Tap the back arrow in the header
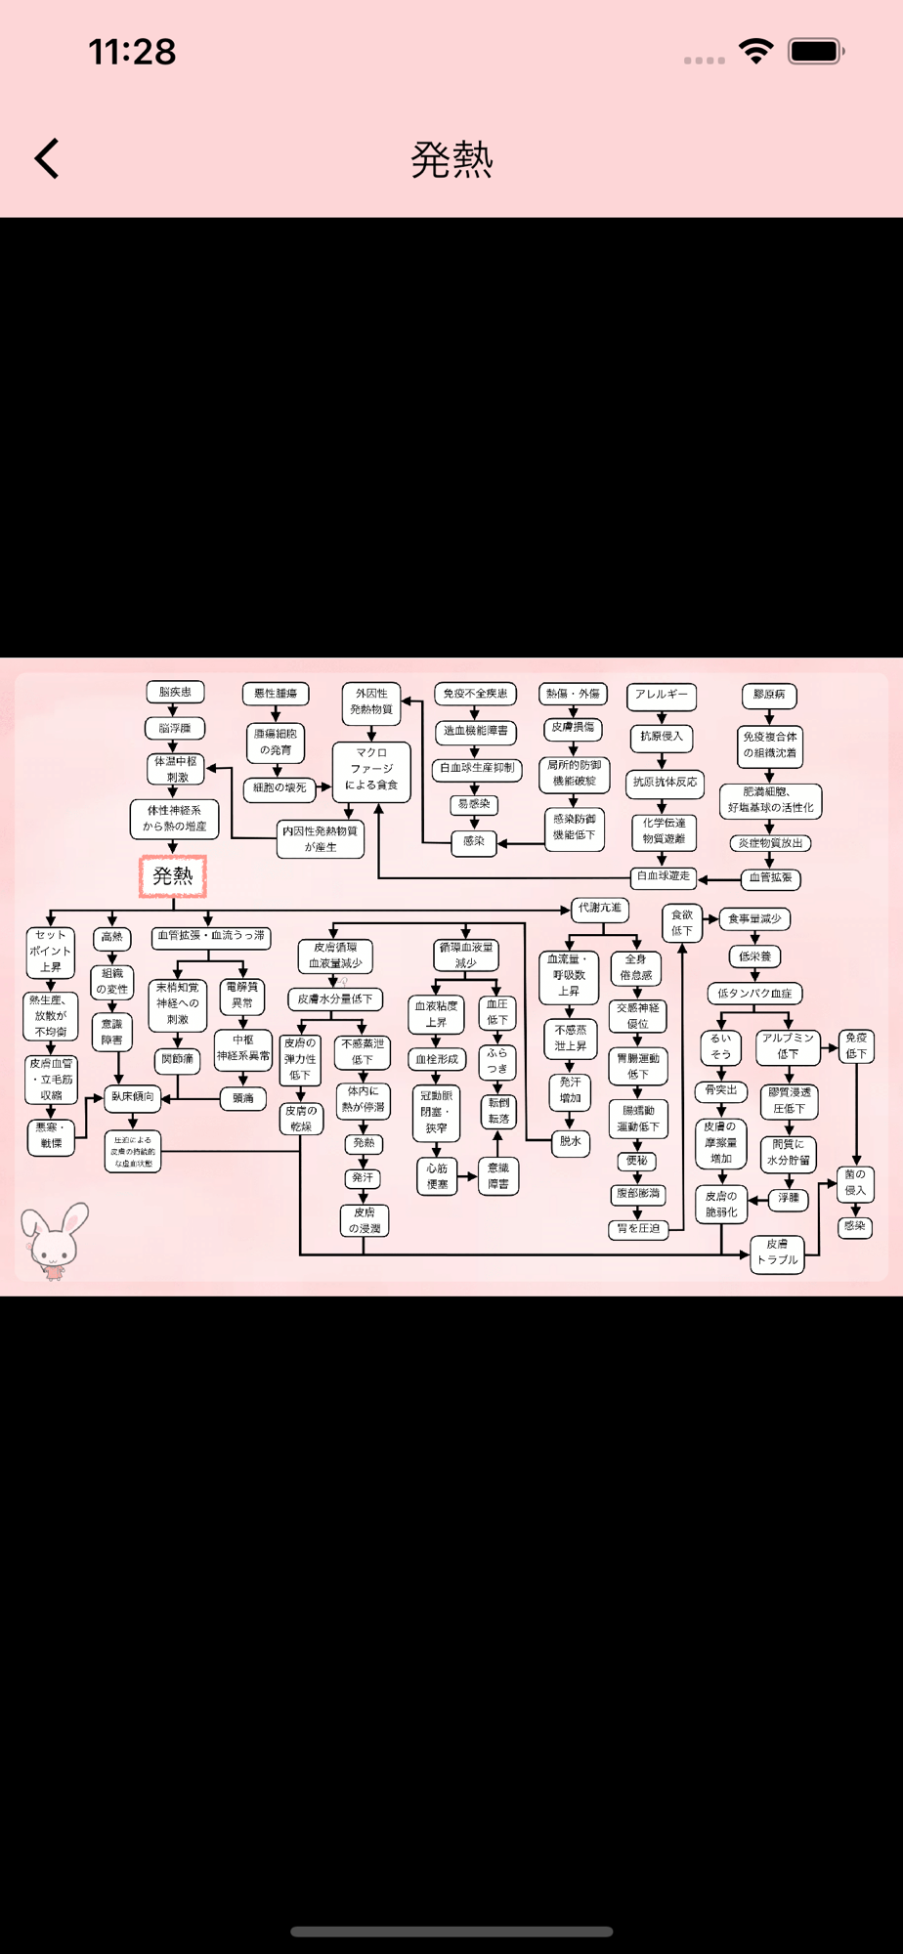pyautogui.click(x=47, y=158)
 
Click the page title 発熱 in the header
pyautogui.click(x=451, y=159)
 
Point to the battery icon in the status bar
pyautogui.click(x=816, y=51)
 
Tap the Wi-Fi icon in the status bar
pyautogui.click(x=755, y=51)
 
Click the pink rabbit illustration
pyautogui.click(x=56, y=1240)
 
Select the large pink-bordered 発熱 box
pyautogui.click(x=173, y=875)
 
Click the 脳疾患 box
pyautogui.click(x=175, y=692)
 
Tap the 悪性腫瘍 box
pyautogui.click(x=276, y=694)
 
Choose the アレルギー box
pyautogui.click(x=662, y=695)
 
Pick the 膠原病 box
pyautogui.click(x=769, y=695)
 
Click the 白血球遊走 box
pyautogui.click(x=664, y=876)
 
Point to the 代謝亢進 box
pyautogui.click(x=599, y=908)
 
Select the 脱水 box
pyautogui.click(x=571, y=1141)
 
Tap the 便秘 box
pyautogui.click(x=637, y=1161)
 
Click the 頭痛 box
pyautogui.click(x=242, y=1098)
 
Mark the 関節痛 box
pyautogui.click(x=178, y=1059)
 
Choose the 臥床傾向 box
pyautogui.click(x=132, y=1097)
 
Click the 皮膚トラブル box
pyautogui.click(x=777, y=1252)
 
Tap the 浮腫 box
pyautogui.click(x=789, y=1198)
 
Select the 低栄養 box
pyautogui.click(x=754, y=956)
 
